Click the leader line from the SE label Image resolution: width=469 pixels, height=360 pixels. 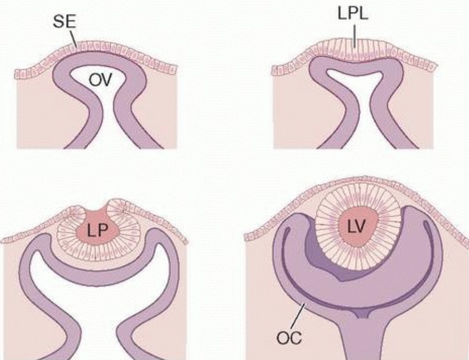click(75, 40)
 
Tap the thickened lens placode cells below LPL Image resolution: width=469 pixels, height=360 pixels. click(356, 55)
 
